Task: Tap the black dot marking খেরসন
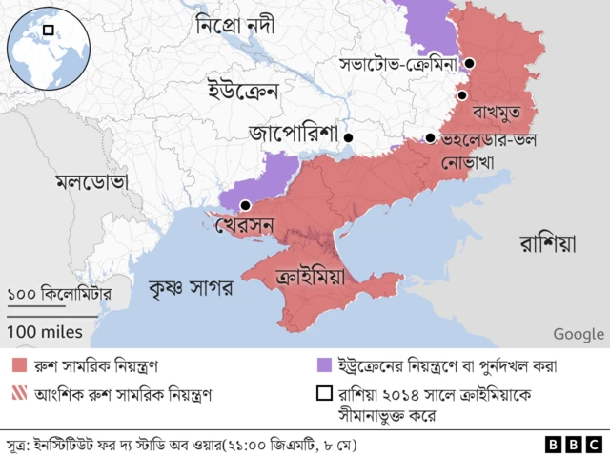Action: pyautogui.click(x=246, y=205)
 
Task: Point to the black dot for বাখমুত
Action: pyautogui.click(x=461, y=95)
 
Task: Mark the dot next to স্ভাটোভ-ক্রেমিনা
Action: pyautogui.click(x=470, y=64)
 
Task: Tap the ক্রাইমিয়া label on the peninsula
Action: pyautogui.click(x=310, y=278)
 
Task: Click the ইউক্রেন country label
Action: pyautogui.click(x=242, y=92)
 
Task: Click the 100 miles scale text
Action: pyautogui.click(x=47, y=332)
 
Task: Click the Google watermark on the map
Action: pyautogui.click(x=578, y=333)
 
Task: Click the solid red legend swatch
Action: pyautogui.click(x=19, y=365)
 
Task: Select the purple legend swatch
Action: pyautogui.click(x=324, y=365)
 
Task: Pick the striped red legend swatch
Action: pyautogui.click(x=19, y=392)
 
